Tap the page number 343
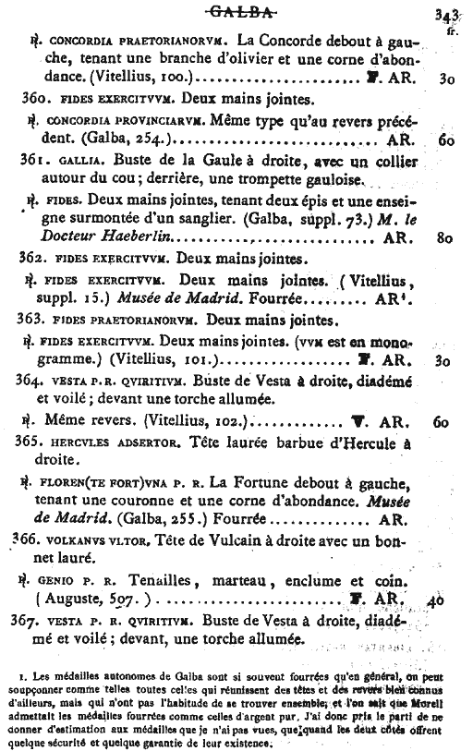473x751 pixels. click(447, 14)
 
